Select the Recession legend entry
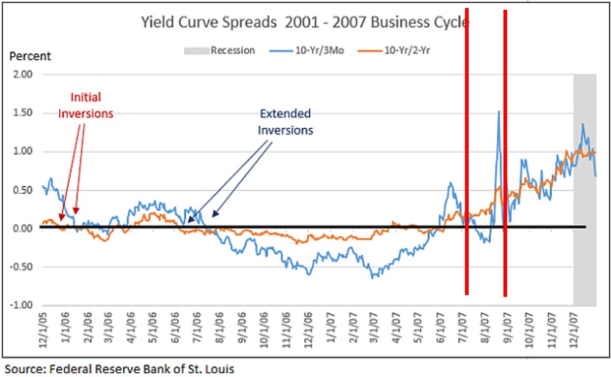(x=232, y=51)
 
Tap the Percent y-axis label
(x=29, y=56)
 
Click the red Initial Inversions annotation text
(x=86, y=105)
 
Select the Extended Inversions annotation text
(x=285, y=122)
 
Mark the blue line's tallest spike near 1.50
(x=499, y=112)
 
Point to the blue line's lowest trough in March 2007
(x=372, y=277)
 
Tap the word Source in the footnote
(x=22, y=369)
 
